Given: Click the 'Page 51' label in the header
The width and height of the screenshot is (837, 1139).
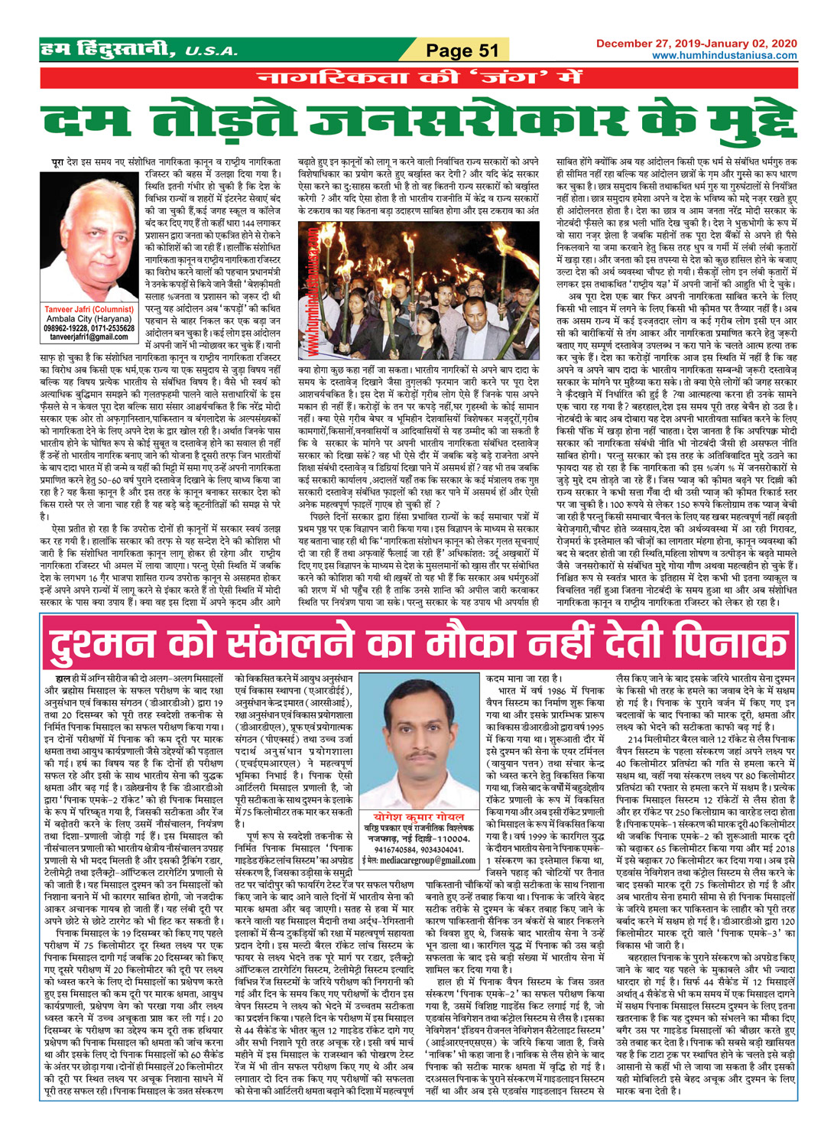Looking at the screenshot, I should (462, 50).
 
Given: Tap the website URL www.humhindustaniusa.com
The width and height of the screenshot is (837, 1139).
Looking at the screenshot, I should (723, 55).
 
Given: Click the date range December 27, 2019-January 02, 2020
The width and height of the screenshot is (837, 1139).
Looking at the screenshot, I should (696, 43).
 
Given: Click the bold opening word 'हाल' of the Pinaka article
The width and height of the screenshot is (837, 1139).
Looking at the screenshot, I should (57, 677).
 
